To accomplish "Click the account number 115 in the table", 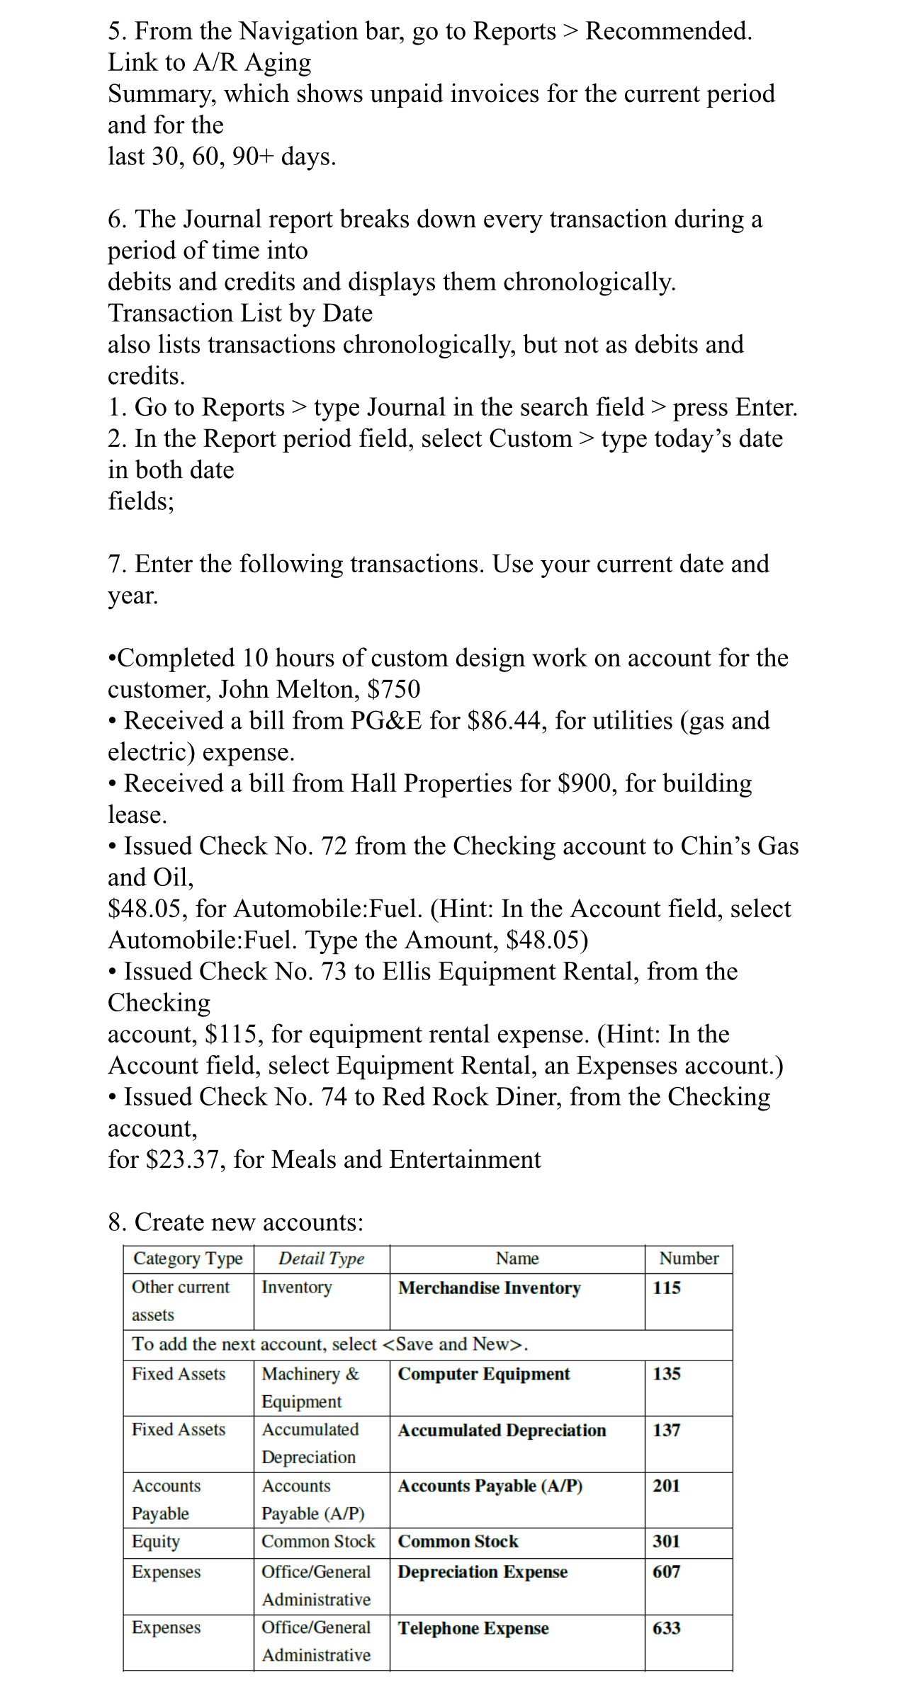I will coord(666,1288).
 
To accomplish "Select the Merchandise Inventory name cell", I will coord(489,1288).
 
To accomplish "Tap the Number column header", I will coord(688,1258).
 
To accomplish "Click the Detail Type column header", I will coord(321,1258).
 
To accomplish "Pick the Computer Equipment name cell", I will coord(483,1374).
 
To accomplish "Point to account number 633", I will coord(666,1627).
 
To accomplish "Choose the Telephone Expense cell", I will coord(473,1627).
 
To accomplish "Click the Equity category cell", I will coord(156,1541).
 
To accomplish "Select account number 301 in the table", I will coord(666,1541).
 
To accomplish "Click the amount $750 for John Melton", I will coord(394,689).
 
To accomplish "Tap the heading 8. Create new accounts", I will coord(235,1222).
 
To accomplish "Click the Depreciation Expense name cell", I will coord(483,1572).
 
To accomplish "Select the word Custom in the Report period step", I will coord(531,438).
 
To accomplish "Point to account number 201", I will coord(666,1485).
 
